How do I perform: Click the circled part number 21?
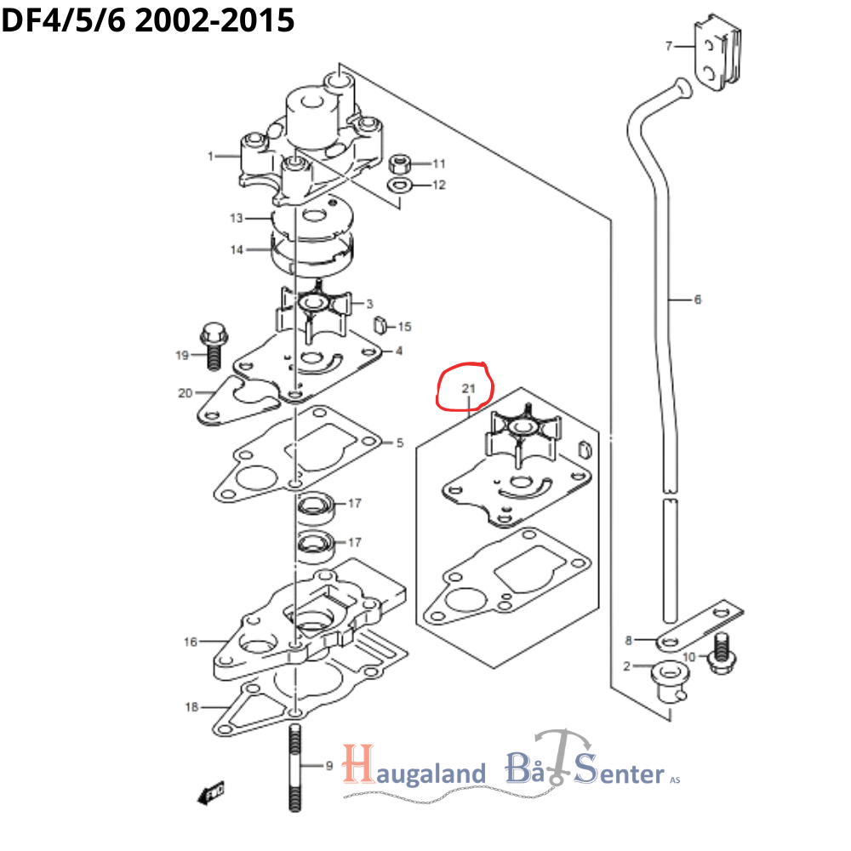(466, 389)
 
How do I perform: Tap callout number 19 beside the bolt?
(182, 355)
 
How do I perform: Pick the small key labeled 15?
(381, 324)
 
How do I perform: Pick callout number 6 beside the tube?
(697, 300)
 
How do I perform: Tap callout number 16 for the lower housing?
(191, 642)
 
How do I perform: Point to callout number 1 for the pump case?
(209, 156)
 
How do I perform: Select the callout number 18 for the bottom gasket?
(192, 706)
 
